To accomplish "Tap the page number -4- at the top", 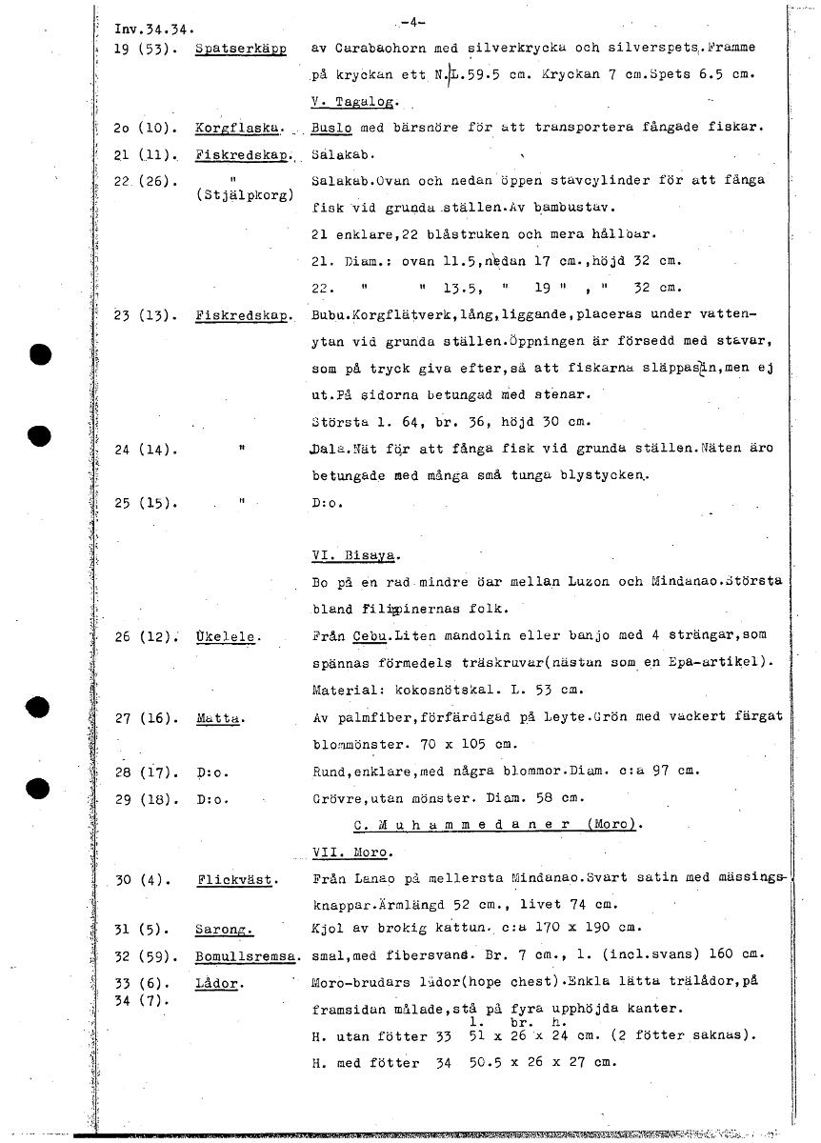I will coord(412,22).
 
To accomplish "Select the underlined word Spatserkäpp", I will coord(240,48).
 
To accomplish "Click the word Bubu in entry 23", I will coord(328,314).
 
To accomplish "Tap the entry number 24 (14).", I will coord(141,448).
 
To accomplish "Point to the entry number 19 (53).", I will coord(141,49).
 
